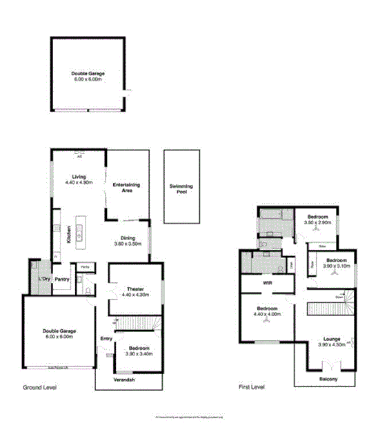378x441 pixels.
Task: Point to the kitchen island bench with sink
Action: pyautogui.click(x=80, y=233)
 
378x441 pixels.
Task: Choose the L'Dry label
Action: pyautogui.click(x=43, y=278)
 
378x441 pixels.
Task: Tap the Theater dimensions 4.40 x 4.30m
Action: pyautogui.click(x=135, y=295)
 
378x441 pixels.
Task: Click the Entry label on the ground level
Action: pyautogui.click(x=106, y=338)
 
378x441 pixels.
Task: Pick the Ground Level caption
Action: pyautogui.click(x=40, y=389)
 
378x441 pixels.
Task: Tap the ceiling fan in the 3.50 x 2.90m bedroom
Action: pyautogui.click(x=319, y=231)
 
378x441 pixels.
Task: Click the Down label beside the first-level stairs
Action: pyautogui.click(x=339, y=296)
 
